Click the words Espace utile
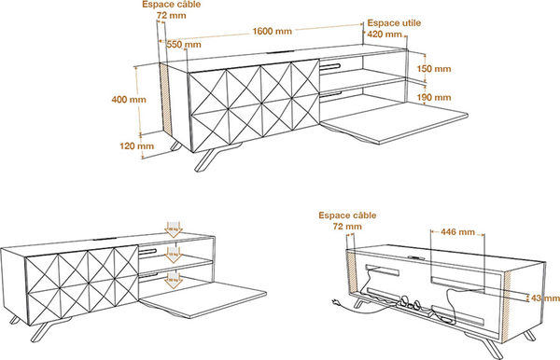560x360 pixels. coord(393,21)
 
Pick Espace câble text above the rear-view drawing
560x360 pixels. coord(347,214)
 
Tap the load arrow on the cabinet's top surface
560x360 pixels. coord(173,228)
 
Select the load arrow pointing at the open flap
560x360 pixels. coord(173,280)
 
